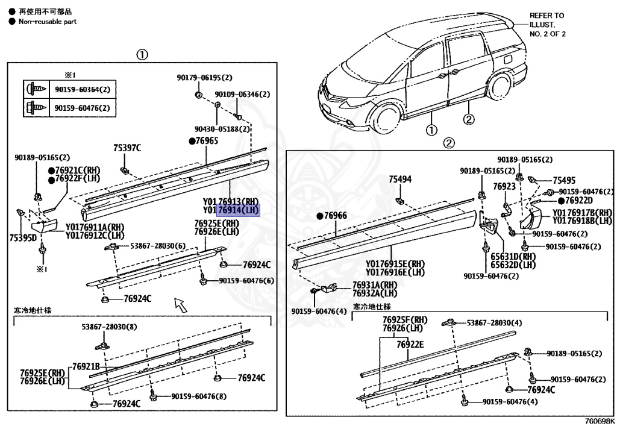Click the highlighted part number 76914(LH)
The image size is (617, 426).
click(x=238, y=210)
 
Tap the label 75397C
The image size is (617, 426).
click(x=127, y=148)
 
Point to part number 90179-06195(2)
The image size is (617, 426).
click(x=204, y=78)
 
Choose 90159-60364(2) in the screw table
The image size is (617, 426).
click(x=82, y=89)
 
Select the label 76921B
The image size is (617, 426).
click(x=86, y=366)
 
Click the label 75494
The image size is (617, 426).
click(x=400, y=179)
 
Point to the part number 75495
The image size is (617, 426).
click(x=564, y=180)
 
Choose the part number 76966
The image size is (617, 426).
click(x=335, y=216)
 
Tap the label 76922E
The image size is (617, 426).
click(x=410, y=344)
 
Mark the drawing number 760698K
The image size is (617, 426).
click(x=600, y=421)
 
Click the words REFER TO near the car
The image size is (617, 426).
click(x=547, y=16)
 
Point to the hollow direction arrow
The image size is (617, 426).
click(x=180, y=305)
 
